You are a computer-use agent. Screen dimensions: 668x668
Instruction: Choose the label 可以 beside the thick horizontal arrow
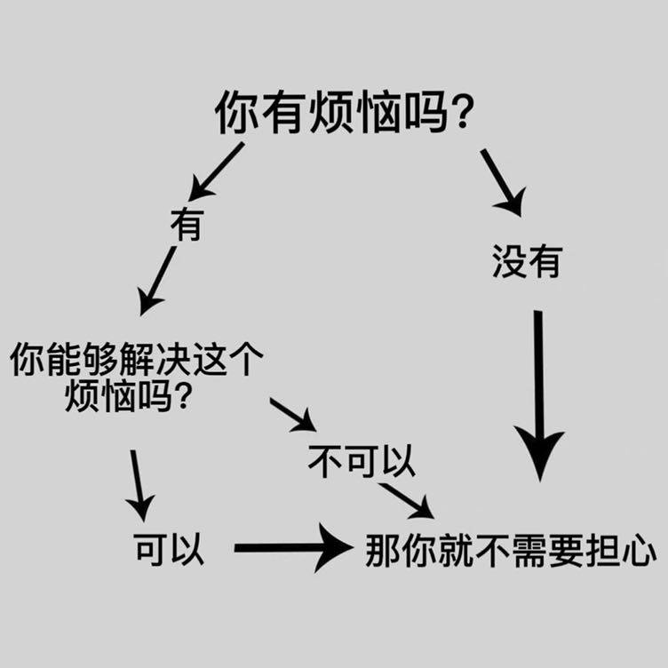(x=169, y=549)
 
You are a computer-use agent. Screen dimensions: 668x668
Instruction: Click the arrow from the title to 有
(x=216, y=171)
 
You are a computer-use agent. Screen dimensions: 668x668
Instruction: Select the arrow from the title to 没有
(x=503, y=181)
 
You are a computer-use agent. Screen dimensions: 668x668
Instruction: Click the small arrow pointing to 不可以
(x=292, y=413)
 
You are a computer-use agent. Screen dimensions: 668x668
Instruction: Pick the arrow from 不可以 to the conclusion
(x=406, y=499)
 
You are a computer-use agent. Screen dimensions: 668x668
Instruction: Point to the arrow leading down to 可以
(x=138, y=485)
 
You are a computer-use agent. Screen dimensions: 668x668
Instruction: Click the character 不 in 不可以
(x=324, y=462)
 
